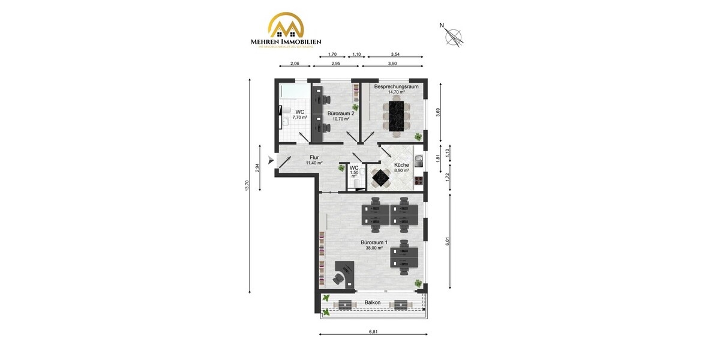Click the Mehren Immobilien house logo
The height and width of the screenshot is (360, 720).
point(286,26)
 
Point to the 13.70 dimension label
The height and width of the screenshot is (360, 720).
point(246,186)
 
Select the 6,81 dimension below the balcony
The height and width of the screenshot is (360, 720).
point(373,331)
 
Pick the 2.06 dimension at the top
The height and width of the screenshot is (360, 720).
point(295,64)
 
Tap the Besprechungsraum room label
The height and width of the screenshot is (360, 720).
point(396,86)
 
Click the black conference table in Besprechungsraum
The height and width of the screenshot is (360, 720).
point(397,116)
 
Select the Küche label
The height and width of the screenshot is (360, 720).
point(401,165)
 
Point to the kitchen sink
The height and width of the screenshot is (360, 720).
point(421,160)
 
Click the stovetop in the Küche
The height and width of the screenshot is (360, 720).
point(421,179)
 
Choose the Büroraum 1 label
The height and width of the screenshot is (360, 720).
point(374,242)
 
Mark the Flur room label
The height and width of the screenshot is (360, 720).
point(314,158)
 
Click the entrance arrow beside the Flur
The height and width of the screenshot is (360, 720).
point(271,160)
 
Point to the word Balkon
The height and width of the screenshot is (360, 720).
point(373,302)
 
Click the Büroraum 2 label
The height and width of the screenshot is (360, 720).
point(340,113)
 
